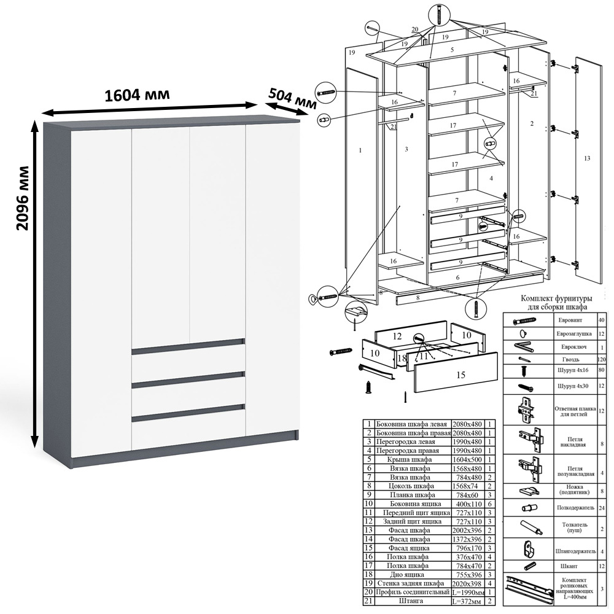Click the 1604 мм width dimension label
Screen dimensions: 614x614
138,95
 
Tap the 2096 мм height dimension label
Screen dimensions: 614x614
23,198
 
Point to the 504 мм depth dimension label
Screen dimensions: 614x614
292,98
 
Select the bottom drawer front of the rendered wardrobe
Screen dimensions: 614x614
188,429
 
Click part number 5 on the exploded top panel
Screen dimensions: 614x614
453,50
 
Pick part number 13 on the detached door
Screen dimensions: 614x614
586,158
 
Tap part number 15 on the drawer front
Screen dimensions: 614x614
460,375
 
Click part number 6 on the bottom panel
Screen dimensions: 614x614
457,278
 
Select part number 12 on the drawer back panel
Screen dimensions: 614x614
397,336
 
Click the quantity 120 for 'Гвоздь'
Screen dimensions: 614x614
602,359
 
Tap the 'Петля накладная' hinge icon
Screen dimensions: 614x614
530,440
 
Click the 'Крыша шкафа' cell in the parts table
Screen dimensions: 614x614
410,459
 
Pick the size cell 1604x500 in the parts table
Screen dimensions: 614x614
467,459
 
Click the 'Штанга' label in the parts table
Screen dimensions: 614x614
410,600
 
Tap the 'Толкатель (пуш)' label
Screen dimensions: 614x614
575,527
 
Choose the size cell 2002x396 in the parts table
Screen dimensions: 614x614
467,530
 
